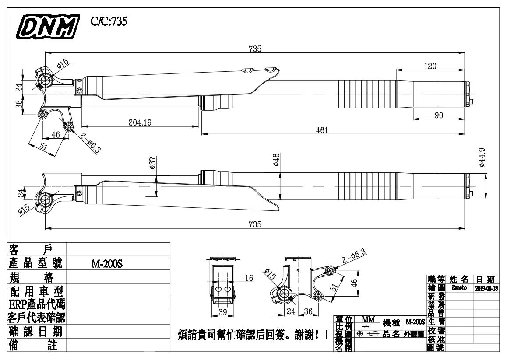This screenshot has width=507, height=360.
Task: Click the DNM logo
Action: pos(48,24)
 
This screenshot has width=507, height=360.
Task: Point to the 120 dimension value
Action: pos(430,66)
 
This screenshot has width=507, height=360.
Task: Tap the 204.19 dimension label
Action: pos(140,123)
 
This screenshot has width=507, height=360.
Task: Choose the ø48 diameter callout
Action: pos(276,160)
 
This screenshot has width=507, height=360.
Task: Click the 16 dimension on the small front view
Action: pos(249,278)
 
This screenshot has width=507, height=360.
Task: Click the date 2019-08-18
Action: pos(486,288)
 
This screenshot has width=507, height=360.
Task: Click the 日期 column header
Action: pos(486,279)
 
